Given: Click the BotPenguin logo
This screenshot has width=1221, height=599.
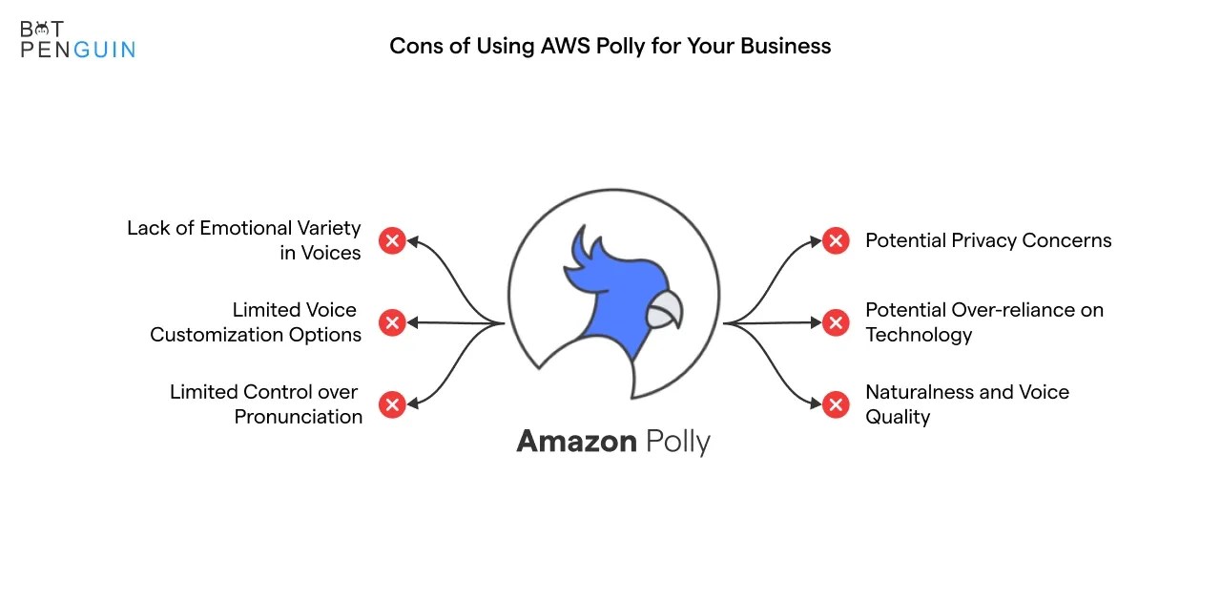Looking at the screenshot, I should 76,39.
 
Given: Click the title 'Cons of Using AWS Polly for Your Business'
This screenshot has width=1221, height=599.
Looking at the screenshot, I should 610,46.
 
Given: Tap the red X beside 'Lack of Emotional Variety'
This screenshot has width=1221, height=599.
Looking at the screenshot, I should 392,240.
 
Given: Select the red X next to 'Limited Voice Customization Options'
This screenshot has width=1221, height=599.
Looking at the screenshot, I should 392,322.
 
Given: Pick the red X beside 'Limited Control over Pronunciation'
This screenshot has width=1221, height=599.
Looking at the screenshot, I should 392,404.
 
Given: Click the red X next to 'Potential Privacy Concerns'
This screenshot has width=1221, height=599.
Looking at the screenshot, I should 836,240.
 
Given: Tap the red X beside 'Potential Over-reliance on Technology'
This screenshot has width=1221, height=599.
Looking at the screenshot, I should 836,322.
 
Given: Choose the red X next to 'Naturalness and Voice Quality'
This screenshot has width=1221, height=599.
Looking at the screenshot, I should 836,404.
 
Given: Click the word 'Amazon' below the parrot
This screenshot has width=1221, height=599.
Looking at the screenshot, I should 576,442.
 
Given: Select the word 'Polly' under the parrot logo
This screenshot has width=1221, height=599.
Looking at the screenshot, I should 678,443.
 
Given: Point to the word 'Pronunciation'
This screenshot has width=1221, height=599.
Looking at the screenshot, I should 299,417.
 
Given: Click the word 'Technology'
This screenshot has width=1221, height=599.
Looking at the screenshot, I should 919,335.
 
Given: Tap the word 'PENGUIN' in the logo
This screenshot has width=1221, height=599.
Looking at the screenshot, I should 78,50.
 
